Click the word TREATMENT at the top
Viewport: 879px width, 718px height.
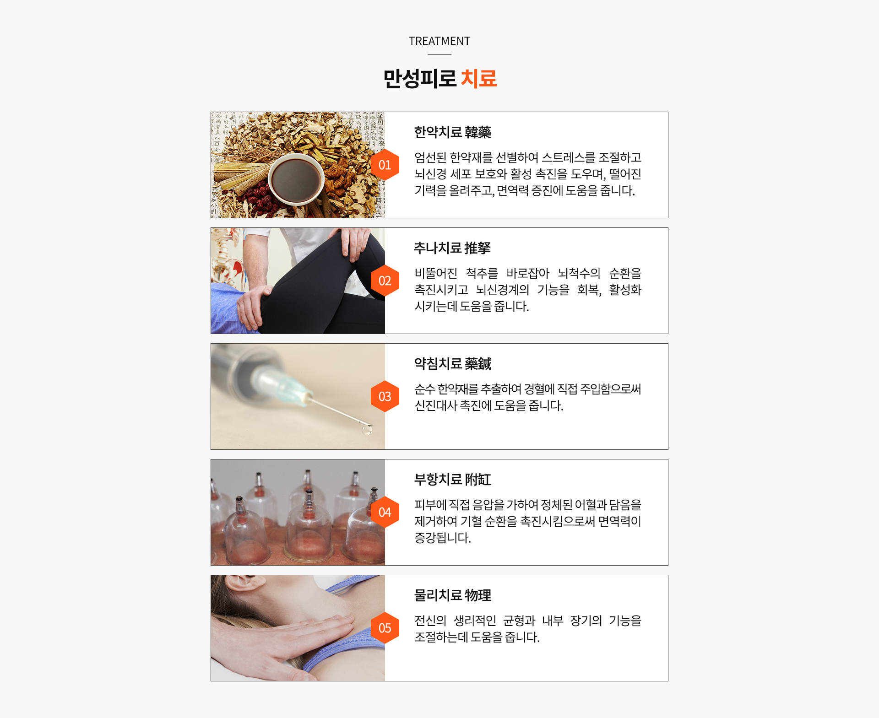pos(439,41)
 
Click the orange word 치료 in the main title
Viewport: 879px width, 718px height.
pos(478,78)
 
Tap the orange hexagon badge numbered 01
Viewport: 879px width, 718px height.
pos(385,165)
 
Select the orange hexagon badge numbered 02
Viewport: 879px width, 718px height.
pos(385,281)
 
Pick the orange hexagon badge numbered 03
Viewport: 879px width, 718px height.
pos(385,396)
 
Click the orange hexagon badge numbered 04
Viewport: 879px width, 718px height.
pos(385,512)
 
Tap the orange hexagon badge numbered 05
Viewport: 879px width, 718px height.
pos(385,628)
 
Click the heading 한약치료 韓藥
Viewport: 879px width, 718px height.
pos(452,132)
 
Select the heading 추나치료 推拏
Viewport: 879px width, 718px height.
pos(452,248)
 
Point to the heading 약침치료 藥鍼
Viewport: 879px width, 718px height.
pos(452,364)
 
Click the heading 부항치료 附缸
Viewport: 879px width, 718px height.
pos(452,480)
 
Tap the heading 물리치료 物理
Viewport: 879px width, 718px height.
pos(452,595)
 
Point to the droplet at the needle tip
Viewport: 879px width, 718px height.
pos(367,430)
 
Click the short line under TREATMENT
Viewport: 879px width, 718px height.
pos(439,54)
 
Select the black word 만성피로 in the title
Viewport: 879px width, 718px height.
pos(420,78)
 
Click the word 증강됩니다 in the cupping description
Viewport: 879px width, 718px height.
pos(442,538)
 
